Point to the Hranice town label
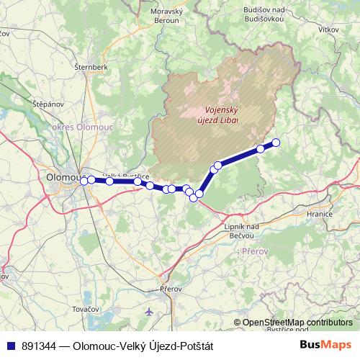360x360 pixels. (x=318, y=215)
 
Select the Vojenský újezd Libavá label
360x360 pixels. (x=217, y=115)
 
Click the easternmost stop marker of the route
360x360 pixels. (x=275, y=142)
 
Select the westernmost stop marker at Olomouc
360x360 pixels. (x=84, y=181)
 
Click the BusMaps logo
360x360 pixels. (x=325, y=345)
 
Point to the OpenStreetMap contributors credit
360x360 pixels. (x=297, y=322)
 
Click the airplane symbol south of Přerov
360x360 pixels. (x=148, y=312)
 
